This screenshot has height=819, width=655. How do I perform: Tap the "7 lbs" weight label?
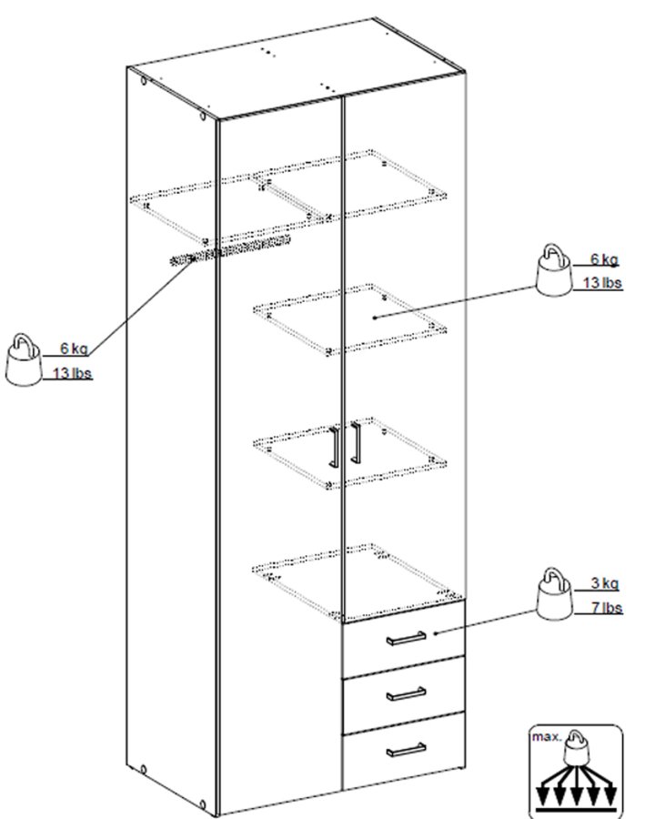click(x=603, y=607)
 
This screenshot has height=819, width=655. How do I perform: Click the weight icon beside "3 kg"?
click(x=552, y=593)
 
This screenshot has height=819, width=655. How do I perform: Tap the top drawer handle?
click(x=406, y=638)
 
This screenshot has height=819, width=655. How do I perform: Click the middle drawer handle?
click(x=406, y=693)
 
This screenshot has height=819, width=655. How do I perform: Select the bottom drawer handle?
click(x=406, y=749)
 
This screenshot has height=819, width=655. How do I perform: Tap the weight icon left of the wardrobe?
click(x=24, y=361)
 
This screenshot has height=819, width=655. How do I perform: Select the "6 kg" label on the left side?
click(x=74, y=349)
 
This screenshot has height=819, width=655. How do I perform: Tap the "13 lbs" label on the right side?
click(x=601, y=284)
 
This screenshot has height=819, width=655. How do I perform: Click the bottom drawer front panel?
click(x=405, y=755)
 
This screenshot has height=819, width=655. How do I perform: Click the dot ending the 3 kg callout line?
click(x=438, y=632)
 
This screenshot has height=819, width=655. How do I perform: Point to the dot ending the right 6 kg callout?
click(x=376, y=317)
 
